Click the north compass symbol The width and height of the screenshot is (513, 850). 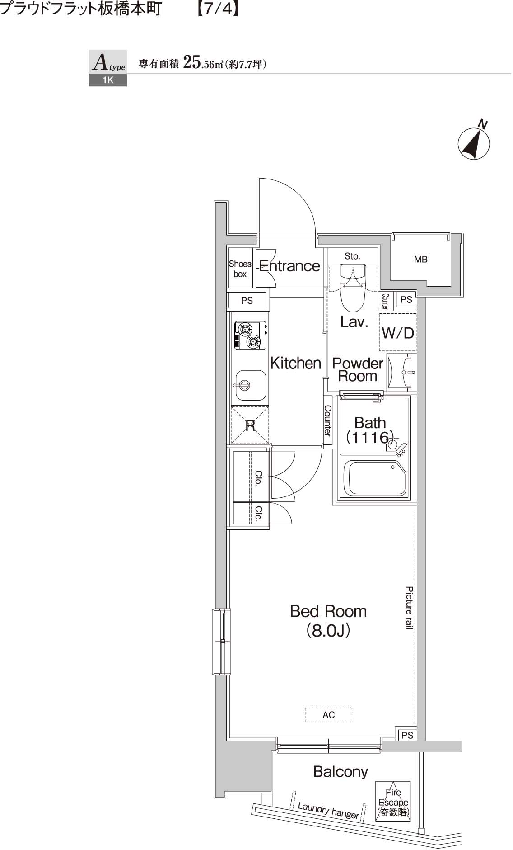(474, 142)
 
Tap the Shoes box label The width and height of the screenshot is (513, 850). (240, 269)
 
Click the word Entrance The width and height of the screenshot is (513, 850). (289, 266)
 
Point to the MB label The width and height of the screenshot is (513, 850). (420, 260)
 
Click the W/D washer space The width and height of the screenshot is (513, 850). (398, 332)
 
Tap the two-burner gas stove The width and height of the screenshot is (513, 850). (249, 335)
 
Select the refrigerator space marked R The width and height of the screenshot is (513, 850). (250, 425)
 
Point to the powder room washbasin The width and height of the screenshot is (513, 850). (400, 373)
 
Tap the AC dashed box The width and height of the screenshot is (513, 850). (328, 715)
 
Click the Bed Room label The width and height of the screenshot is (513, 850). (328, 621)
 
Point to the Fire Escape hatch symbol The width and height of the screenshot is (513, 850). (393, 802)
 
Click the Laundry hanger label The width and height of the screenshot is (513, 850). (328, 811)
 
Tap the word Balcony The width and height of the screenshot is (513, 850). (340, 771)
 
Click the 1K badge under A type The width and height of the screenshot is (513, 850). (108, 80)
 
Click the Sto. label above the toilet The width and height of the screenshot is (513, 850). (352, 256)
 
